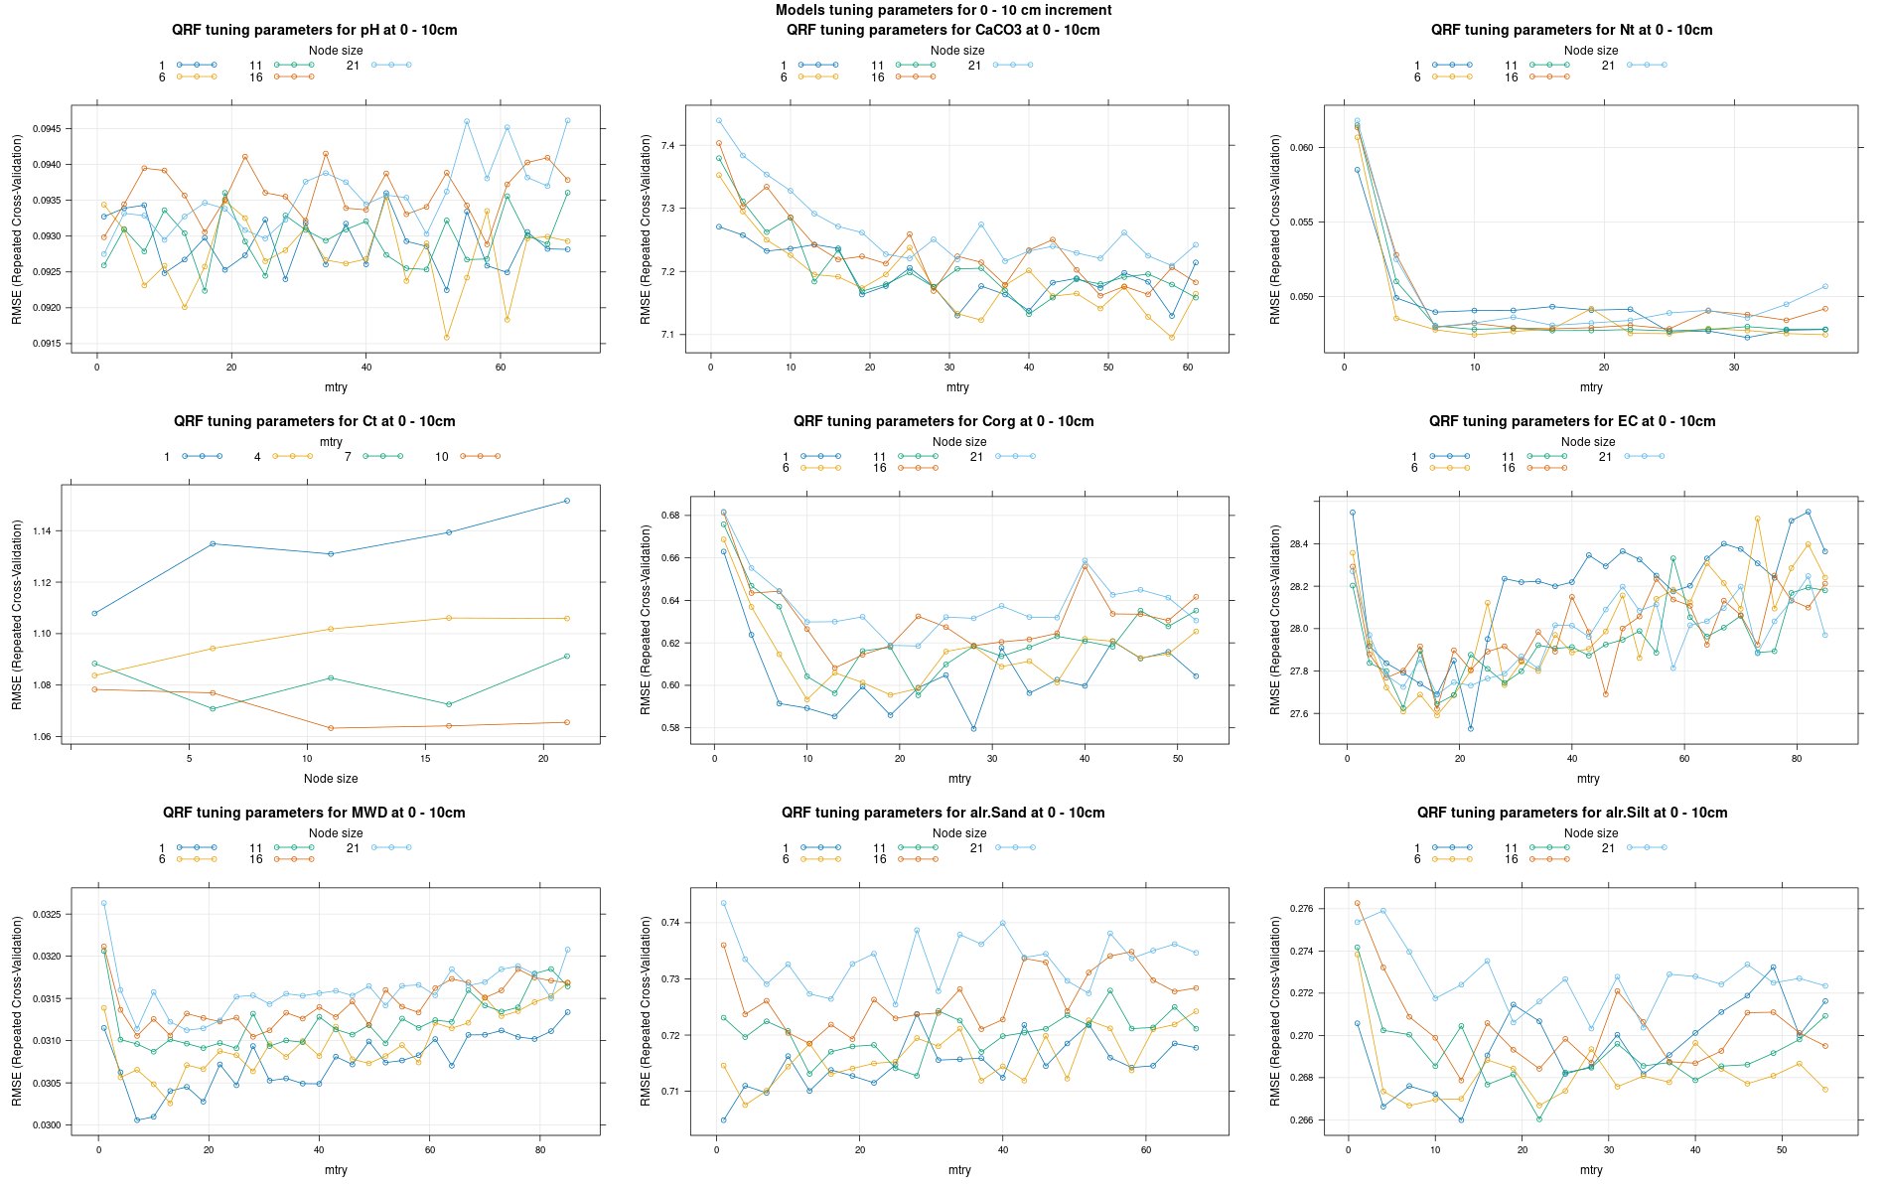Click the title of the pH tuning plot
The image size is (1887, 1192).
click(x=314, y=30)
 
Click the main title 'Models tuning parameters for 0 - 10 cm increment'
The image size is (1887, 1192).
click(x=943, y=10)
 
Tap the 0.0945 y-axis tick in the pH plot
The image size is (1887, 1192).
click(x=48, y=129)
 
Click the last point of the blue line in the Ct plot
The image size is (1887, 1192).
click(x=567, y=501)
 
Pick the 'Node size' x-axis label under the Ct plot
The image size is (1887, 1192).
click(x=331, y=779)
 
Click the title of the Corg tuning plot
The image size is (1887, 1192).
click(x=943, y=421)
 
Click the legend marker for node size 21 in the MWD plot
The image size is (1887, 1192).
click(x=391, y=848)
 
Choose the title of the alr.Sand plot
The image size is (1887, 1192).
click(x=943, y=813)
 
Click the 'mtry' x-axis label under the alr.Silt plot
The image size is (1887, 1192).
click(x=1591, y=1170)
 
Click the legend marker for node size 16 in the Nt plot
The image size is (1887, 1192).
click(x=1549, y=76)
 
